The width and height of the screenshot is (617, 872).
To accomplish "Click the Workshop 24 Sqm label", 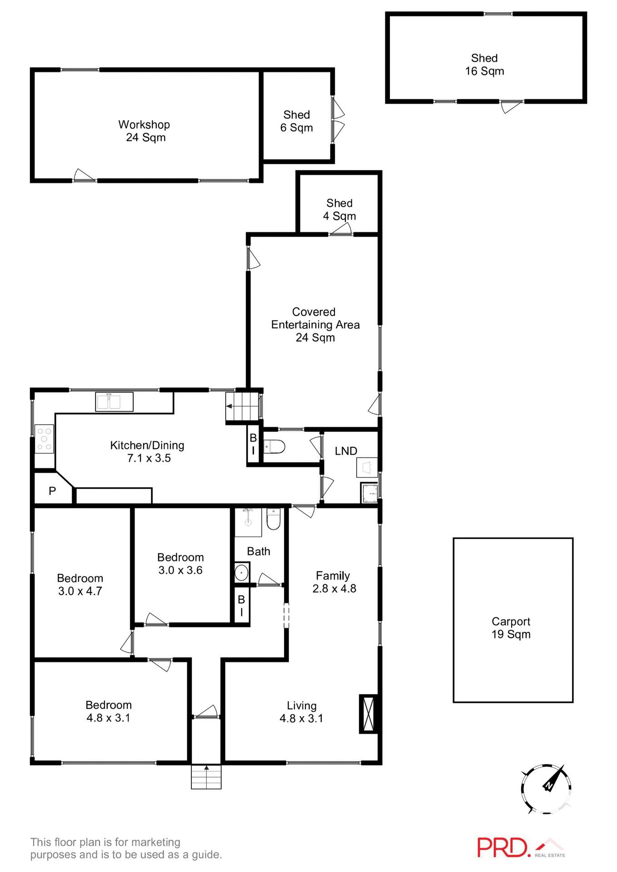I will pos(144,131).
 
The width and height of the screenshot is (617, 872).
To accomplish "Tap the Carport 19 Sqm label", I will pos(511,628).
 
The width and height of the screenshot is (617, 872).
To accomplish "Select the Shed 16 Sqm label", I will pos(484,64).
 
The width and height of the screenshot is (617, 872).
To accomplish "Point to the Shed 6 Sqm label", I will pos(297,121).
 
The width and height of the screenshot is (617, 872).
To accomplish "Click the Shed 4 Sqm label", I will pos(339,209).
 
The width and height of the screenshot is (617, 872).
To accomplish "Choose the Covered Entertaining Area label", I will pos(315,324).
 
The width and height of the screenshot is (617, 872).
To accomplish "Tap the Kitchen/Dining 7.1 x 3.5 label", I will pos(148,451).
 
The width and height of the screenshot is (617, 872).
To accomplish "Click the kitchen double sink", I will pos(114,402).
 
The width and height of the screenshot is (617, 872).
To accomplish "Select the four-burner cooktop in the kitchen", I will pos(44,439).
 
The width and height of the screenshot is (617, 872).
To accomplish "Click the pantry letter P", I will pos(52,491).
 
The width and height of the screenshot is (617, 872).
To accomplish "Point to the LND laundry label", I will pos(346,451).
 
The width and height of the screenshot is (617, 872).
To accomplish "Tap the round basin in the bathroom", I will pos(241,572).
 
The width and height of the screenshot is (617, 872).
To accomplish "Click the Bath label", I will pos(259,551).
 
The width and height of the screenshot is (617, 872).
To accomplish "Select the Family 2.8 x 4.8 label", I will pos(333,582).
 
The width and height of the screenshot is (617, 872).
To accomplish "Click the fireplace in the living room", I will pos(368,713).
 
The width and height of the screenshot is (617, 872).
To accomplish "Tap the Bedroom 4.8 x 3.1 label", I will pos(109,711).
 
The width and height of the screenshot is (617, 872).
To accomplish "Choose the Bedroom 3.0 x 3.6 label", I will pos(180,564).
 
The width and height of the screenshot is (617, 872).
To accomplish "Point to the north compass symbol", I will pos(547,789).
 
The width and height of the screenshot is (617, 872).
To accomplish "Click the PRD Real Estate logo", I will pos(521,847).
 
